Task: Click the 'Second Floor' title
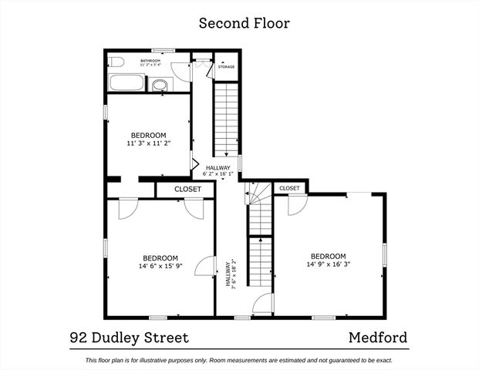pos(244,23)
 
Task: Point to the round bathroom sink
pos(160,85)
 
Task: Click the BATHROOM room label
pos(150,59)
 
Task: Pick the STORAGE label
pos(226,67)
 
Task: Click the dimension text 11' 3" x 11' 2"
pos(148,143)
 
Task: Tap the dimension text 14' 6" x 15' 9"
pos(160,267)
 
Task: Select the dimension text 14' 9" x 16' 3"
pos(329,264)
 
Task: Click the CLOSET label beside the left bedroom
pos(187,189)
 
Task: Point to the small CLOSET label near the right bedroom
pos(289,188)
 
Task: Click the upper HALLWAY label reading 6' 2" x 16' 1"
pos(218,171)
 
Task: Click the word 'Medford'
pos(378,338)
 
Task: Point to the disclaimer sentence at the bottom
pos(239,360)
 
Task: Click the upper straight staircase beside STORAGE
pos(227,119)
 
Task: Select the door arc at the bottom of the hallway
pos(262,303)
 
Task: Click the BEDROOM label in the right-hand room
pos(328,256)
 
